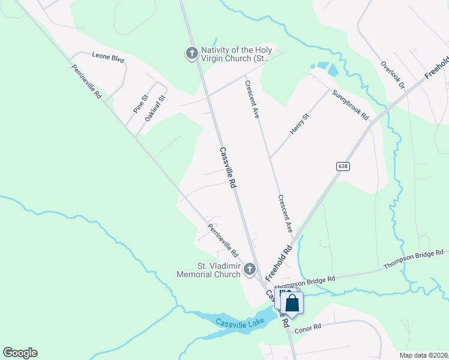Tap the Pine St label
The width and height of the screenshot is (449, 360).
140,104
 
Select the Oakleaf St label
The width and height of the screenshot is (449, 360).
155,107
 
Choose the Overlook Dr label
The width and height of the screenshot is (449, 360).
393,75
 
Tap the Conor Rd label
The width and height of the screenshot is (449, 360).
309,327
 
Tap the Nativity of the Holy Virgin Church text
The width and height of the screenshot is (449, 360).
236,54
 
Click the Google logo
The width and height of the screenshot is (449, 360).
20,353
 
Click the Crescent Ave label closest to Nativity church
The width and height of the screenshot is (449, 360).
252,99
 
